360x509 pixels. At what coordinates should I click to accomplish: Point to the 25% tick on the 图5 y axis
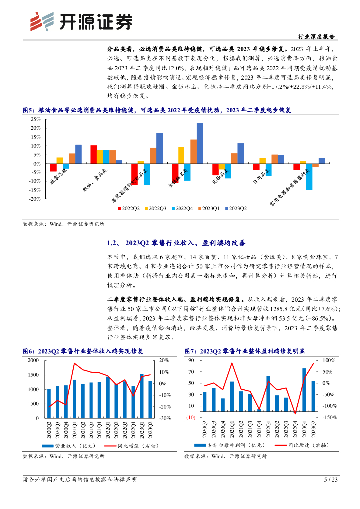point(35,120)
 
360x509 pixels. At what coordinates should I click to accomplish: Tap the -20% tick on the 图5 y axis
point(34,199)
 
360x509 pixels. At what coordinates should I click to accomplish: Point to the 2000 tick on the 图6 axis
point(32,360)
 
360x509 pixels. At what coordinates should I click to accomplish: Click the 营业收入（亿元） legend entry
point(64,446)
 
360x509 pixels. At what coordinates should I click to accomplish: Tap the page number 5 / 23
point(331,480)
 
